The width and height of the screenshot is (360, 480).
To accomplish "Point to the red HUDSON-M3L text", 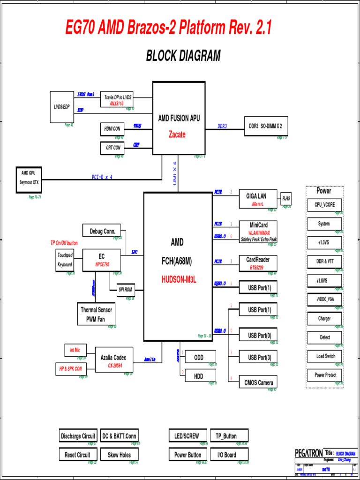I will [178, 280].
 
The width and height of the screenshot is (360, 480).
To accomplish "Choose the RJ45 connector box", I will [285, 198].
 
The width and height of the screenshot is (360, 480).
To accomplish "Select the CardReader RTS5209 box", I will [258, 263].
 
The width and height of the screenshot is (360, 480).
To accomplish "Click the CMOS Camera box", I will [258, 382].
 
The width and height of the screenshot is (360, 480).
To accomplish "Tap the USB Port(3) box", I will [258, 358].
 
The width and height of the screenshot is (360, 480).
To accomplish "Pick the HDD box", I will [199, 375].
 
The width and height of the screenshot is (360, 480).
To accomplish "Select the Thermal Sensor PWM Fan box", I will [96, 314].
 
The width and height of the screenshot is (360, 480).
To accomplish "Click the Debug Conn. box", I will [102, 231].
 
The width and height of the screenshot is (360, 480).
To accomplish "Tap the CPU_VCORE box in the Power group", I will [324, 205].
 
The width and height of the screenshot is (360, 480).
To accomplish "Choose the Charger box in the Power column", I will [324, 318].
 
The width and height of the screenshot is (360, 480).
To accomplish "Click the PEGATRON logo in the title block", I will [308, 453].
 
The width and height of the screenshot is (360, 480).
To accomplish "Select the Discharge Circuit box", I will [78, 436].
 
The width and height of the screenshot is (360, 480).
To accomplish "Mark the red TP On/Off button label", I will [64, 243].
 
